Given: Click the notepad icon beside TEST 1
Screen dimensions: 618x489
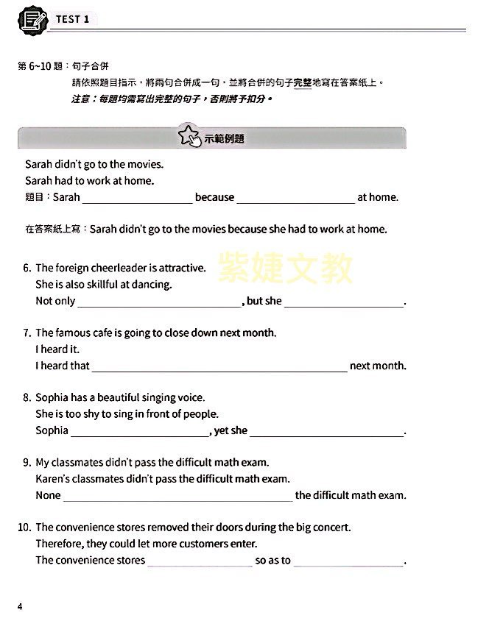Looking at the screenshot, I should [33, 19].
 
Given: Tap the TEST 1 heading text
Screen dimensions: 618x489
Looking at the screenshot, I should [72, 20].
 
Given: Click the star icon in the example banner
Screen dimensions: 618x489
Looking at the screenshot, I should [189, 137].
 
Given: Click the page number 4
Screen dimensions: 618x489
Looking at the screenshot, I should [20, 606].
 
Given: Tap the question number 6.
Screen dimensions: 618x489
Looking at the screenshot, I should [27, 269].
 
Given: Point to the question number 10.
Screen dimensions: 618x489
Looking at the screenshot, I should [24, 528].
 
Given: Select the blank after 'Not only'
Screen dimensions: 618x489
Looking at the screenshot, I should [159, 302].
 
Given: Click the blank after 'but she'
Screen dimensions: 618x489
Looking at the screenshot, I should [344, 302].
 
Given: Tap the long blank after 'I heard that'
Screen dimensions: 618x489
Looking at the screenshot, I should [219, 366].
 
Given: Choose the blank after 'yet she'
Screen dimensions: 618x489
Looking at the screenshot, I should [327, 431].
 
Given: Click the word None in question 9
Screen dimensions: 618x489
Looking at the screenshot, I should [48, 496].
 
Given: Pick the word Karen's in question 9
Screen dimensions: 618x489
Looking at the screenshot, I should [52, 480].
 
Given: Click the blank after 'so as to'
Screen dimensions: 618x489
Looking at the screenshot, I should [348, 561].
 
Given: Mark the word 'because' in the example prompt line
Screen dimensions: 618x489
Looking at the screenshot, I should [214, 197].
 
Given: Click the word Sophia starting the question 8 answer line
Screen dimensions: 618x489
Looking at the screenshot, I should [52, 431].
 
